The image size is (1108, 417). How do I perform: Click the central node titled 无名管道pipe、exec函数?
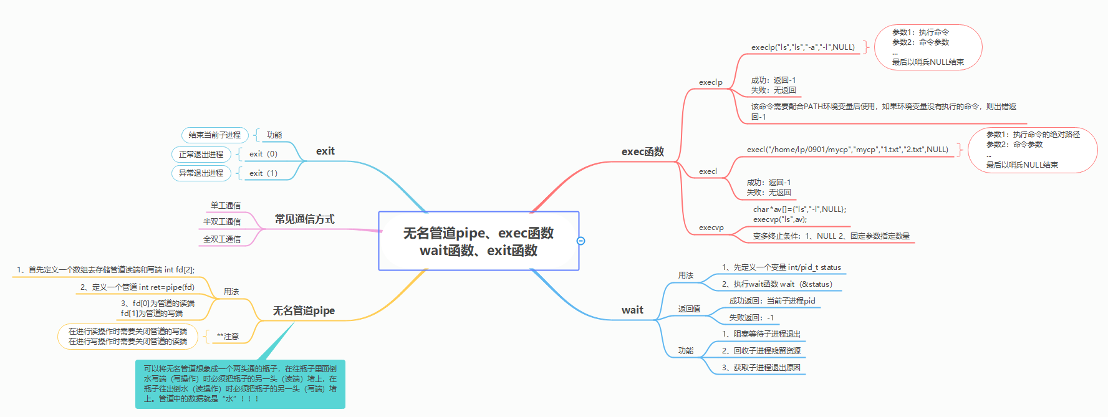[478, 241]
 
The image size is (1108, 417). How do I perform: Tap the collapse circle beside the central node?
[580, 241]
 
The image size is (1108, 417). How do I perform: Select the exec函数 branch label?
[642, 151]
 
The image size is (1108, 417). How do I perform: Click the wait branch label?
[632, 310]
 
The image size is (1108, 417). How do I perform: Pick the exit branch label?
[325, 151]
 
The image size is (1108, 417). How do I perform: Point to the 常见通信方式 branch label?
[304, 219]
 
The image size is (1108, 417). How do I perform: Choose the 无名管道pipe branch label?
[304, 310]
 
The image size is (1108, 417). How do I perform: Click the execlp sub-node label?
[710, 82]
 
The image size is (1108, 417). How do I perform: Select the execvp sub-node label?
[711, 228]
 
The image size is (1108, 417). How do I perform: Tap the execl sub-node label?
[708, 171]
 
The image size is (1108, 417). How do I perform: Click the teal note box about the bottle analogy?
[240, 384]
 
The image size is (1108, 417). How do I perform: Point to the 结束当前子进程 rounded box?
[214, 135]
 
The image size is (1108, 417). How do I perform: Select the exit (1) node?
[263, 173]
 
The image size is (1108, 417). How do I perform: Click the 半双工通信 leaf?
[221, 222]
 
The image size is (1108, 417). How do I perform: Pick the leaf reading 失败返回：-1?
[751, 318]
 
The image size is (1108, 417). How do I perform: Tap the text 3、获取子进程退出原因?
[761, 368]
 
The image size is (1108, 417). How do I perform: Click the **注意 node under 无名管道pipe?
[228, 337]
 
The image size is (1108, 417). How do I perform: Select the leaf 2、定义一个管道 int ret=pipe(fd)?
[137, 287]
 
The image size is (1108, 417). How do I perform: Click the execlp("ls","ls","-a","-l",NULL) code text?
[802, 47]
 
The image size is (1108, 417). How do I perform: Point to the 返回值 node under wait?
[689, 309]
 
